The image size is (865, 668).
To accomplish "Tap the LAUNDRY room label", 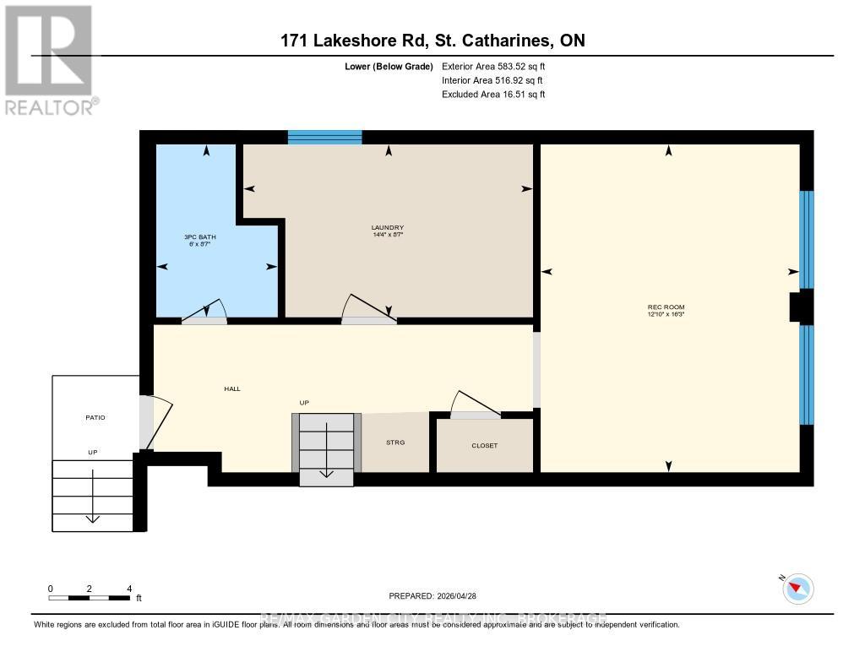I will click(388, 227).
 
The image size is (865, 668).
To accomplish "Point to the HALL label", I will click(231, 388).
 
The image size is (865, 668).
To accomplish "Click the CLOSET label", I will click(484, 445).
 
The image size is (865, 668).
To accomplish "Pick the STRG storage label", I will click(395, 443).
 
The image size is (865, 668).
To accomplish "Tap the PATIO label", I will click(94, 417).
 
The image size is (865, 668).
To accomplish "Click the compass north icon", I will click(797, 589).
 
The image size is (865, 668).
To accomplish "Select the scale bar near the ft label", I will click(90, 598).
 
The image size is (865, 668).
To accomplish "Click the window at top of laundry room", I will click(325, 137).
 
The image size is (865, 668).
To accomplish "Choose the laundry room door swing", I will click(367, 310).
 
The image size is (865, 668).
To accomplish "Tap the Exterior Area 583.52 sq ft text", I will click(500, 66).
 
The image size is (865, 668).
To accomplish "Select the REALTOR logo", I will click(50, 59).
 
